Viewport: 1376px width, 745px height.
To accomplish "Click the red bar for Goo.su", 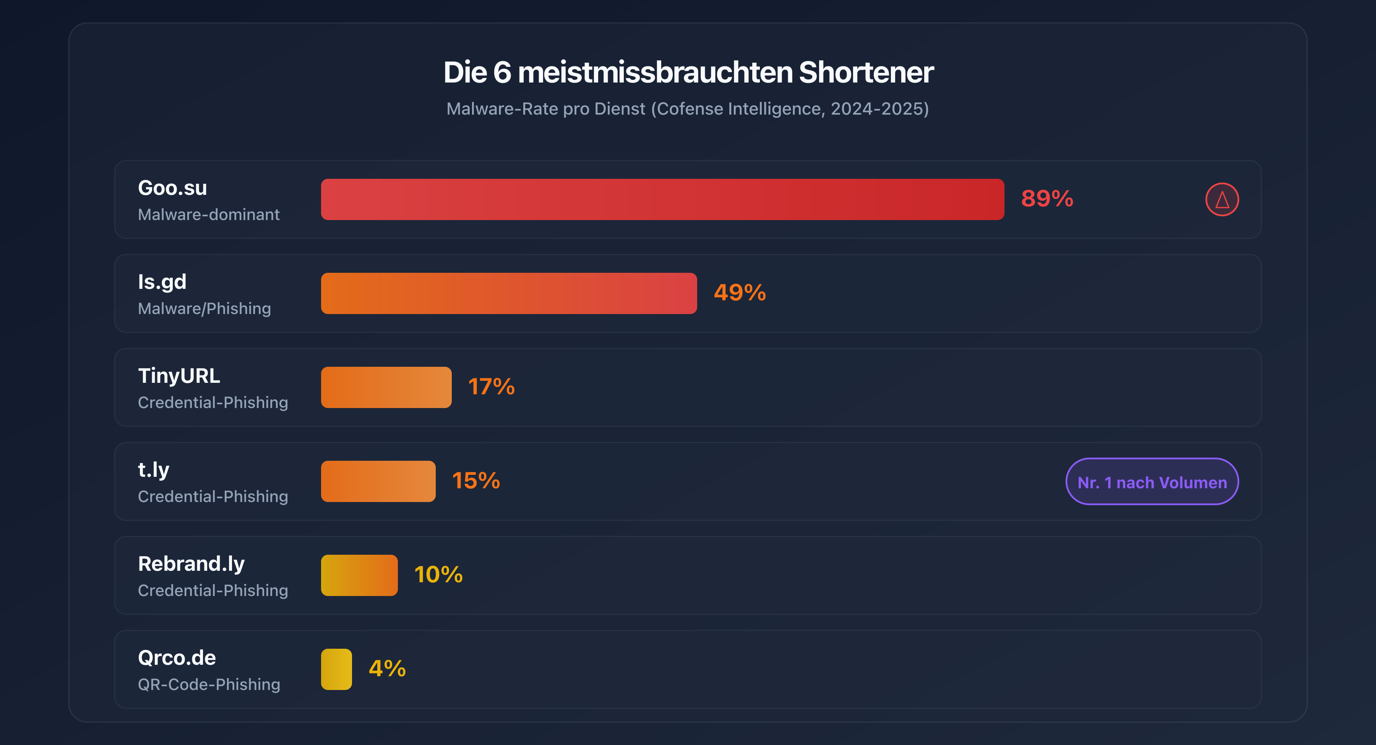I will tap(662, 199).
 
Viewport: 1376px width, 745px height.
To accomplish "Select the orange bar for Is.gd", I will tap(508, 293).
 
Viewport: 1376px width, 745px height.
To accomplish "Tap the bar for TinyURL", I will tap(386, 387).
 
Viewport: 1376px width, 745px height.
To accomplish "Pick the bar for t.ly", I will tap(378, 481).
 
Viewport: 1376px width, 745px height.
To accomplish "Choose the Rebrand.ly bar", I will tap(359, 575).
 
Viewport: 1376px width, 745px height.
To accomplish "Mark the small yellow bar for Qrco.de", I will tap(336, 669).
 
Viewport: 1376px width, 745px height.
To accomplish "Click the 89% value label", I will tap(1047, 199).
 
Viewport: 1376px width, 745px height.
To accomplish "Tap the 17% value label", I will tap(491, 387).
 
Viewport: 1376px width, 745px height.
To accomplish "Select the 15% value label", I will tap(475, 481).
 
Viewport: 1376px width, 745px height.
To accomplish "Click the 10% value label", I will tap(438, 575).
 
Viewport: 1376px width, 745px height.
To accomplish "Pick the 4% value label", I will tap(387, 669).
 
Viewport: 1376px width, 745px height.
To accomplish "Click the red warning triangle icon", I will tap(1222, 200).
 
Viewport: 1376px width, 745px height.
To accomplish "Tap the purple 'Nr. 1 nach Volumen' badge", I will tap(1152, 482).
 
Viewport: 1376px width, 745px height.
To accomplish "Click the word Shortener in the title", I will tap(865, 72).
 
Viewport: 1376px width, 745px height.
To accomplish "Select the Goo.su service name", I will tap(172, 188).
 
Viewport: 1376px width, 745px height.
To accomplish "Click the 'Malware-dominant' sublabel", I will tap(208, 215).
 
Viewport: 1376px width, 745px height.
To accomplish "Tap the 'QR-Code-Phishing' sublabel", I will tap(208, 685).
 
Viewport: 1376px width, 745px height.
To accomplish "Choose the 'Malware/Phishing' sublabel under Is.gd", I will tap(204, 309).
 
